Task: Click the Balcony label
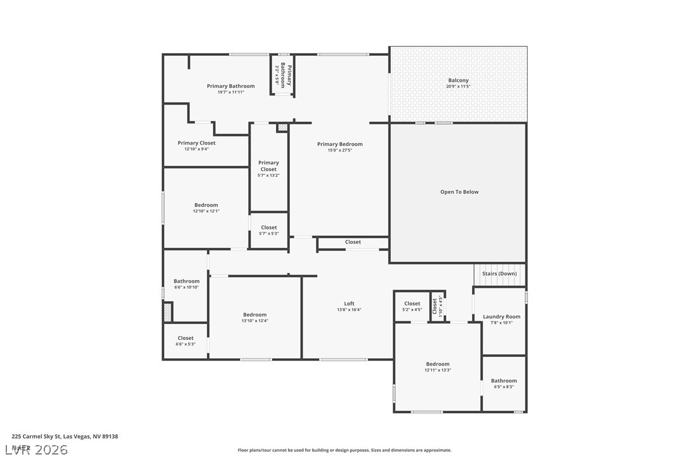click(458, 81)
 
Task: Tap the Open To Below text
click(459, 192)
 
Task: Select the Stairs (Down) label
click(499, 274)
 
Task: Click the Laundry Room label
click(501, 316)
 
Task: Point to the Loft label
click(349, 304)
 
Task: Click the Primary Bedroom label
click(340, 145)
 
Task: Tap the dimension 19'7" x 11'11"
click(231, 93)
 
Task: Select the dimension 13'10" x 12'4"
click(254, 321)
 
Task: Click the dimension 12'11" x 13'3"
click(437, 370)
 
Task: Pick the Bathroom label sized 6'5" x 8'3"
click(504, 381)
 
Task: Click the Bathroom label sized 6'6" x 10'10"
click(187, 281)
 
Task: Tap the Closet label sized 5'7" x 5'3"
click(269, 228)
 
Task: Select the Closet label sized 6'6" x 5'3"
click(185, 338)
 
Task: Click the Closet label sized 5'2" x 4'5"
click(412, 304)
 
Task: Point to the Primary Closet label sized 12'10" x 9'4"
click(197, 143)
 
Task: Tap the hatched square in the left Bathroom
click(167, 312)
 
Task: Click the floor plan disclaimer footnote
click(344, 450)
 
